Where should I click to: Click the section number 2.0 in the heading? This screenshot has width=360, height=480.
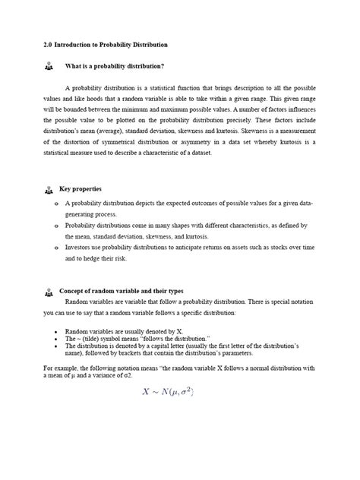[48, 45]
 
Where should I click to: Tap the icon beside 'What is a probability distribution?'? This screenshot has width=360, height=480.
[50, 66]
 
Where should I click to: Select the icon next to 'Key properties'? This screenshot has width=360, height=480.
[49, 190]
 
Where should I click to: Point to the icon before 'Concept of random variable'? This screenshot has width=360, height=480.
[49, 291]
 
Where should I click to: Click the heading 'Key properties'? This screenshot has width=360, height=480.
[81, 188]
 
